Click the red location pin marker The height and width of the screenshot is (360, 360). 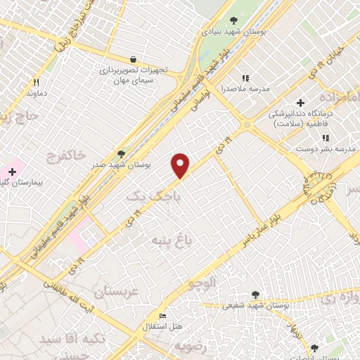(181, 165)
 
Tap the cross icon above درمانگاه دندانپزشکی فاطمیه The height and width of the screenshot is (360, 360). (300, 103)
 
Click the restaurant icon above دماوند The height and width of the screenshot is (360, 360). (36, 82)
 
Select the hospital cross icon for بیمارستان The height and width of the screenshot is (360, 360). (12, 171)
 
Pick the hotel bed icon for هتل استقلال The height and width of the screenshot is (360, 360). (163, 316)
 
